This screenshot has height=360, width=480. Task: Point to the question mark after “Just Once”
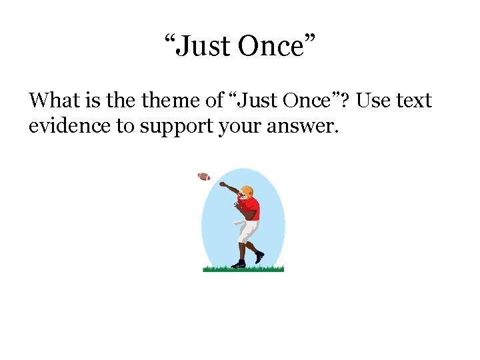349,101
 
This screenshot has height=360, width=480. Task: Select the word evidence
69,126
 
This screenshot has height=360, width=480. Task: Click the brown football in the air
204,177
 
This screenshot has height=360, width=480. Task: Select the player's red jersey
250,209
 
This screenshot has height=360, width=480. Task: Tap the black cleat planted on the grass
238,265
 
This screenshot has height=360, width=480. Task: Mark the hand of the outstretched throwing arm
222,184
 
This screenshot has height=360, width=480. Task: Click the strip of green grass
243,269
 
